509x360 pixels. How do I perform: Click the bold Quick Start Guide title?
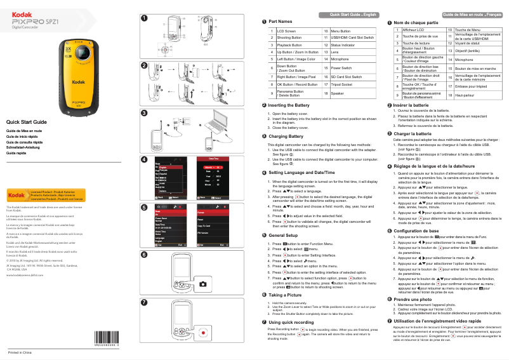tap(27, 121)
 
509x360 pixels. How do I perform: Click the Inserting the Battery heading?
tap(289, 105)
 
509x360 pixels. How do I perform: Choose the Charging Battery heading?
tap(286, 137)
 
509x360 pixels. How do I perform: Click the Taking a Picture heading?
tap(287, 295)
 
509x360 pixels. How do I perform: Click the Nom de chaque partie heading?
tap(416, 22)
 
